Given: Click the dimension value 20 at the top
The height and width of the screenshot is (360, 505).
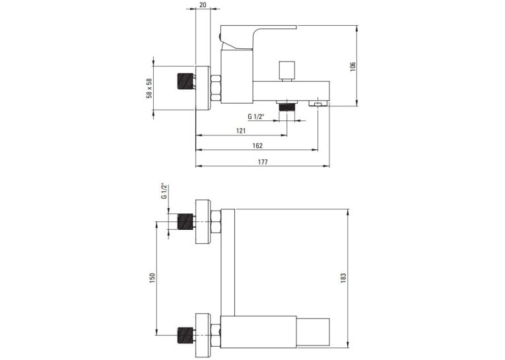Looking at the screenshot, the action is (203, 5).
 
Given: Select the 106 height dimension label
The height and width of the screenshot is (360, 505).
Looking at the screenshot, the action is (353, 67).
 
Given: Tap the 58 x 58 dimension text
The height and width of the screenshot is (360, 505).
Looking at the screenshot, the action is (149, 88).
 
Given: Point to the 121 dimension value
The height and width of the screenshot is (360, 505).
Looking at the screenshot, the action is (241, 131).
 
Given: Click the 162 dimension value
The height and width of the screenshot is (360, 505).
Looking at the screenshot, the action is (257, 146).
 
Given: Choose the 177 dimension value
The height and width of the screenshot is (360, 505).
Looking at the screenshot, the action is (263, 162).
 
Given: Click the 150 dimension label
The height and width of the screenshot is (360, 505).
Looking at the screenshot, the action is (152, 278).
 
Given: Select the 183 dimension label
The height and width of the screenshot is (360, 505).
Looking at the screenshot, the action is (343, 278).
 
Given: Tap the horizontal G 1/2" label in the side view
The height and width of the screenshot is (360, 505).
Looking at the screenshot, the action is (255, 116).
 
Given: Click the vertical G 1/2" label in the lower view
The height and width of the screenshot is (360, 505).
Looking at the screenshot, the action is (164, 192).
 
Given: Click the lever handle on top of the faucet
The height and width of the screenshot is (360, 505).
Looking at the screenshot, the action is (257, 36).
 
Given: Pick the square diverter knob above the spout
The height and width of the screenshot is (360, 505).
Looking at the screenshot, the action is (287, 71).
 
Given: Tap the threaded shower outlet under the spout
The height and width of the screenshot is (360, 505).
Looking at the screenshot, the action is (287, 106).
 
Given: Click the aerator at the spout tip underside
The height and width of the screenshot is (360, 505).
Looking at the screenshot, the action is (318, 104).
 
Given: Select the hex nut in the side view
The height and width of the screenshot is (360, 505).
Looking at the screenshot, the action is (215, 88).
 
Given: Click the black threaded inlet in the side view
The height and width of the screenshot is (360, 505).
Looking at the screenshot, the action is (185, 82).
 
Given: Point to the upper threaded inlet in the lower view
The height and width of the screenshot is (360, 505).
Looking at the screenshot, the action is (185, 222).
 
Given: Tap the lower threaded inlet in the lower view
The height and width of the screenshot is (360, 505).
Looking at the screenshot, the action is (185, 335).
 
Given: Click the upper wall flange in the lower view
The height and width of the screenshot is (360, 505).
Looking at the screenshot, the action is (203, 222).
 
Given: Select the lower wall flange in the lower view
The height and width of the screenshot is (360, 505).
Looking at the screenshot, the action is (203, 335).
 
